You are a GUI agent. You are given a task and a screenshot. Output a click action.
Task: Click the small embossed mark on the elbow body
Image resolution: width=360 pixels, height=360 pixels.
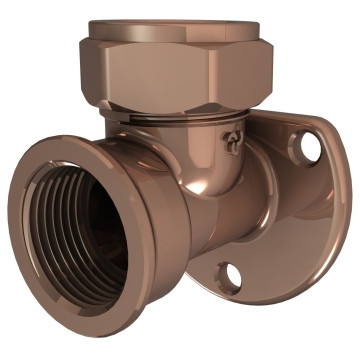pos(233,142)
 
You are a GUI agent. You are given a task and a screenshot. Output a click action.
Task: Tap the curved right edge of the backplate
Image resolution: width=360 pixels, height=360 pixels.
pos(343,200)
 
